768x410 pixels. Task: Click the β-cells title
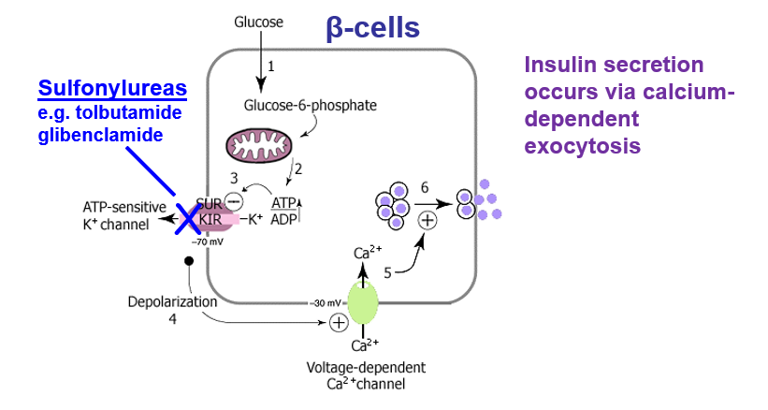[x=372, y=27]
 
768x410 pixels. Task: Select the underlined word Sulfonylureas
[x=112, y=89]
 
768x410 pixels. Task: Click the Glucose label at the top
[x=258, y=21]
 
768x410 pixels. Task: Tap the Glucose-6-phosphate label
[x=310, y=105]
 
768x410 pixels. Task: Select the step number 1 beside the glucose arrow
[x=271, y=66]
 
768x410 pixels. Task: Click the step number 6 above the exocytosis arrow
[x=425, y=188]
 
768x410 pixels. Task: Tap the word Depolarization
[x=172, y=301]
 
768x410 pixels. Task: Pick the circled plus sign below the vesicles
[x=427, y=221]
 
